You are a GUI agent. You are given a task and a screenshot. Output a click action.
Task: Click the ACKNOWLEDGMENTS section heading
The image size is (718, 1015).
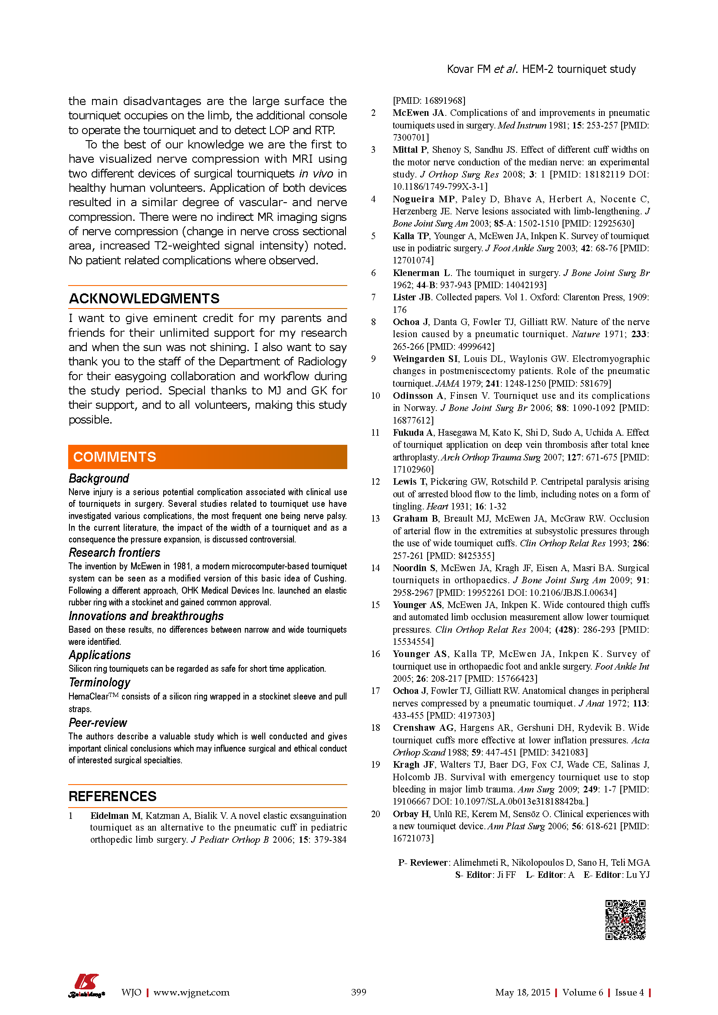[x=144, y=299]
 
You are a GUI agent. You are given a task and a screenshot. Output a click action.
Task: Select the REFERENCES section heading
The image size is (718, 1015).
[x=112, y=796]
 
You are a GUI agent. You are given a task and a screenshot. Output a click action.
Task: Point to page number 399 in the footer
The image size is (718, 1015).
[x=359, y=992]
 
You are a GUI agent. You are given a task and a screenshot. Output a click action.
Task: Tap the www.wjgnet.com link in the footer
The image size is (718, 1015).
[x=191, y=992]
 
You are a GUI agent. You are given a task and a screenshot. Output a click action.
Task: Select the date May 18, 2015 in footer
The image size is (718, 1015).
[x=523, y=992]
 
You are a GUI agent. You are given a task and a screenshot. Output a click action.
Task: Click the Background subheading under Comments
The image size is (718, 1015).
[x=99, y=478]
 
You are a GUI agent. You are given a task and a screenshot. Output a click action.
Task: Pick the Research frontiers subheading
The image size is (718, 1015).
[x=114, y=552]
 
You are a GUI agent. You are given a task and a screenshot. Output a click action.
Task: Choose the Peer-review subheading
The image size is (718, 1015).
[x=98, y=723]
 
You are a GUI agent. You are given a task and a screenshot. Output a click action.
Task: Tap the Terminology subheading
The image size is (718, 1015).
[x=99, y=683]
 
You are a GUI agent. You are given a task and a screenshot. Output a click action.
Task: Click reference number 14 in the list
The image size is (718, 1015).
[x=375, y=568]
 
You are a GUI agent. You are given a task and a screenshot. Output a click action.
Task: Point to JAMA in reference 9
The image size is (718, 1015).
[x=447, y=383]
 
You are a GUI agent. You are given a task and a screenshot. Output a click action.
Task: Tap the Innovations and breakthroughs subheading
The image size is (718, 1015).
[x=146, y=616]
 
